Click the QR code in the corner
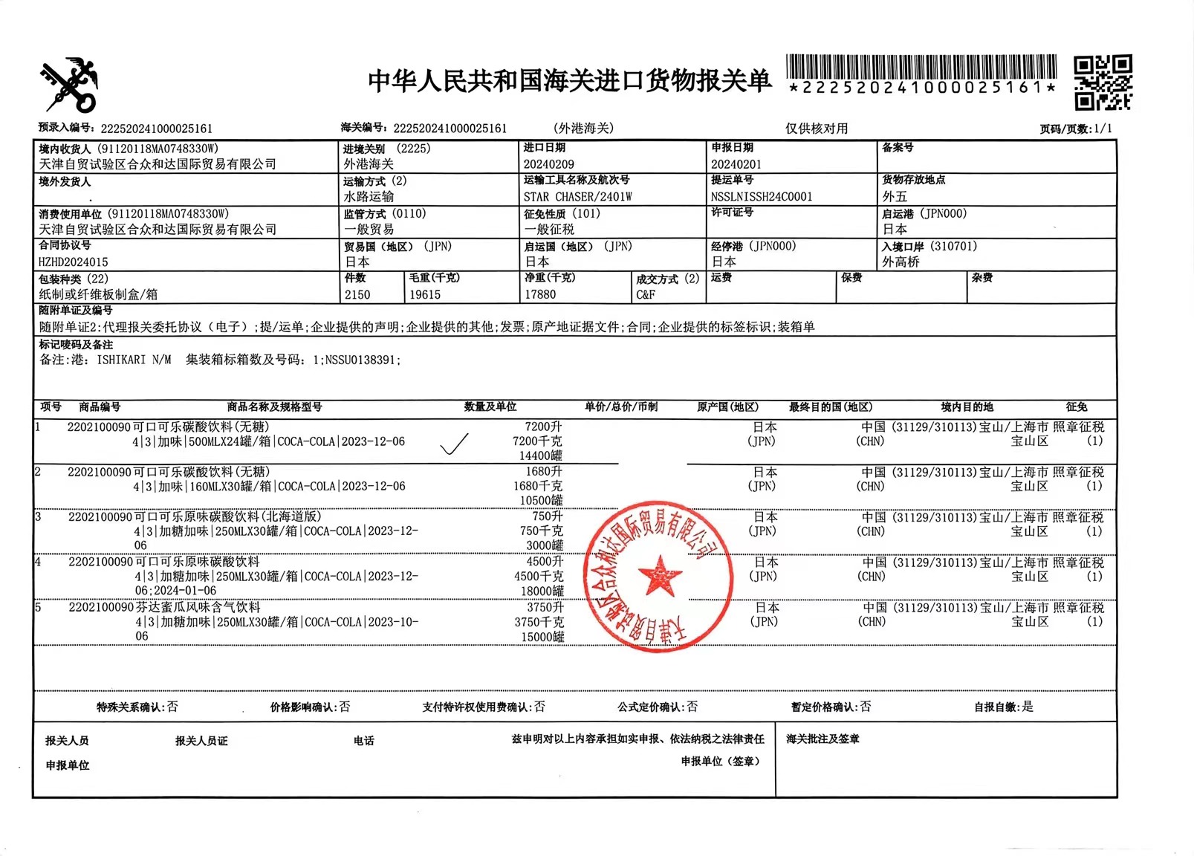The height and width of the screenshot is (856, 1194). [1103, 82]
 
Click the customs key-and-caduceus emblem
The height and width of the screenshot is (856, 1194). [68, 85]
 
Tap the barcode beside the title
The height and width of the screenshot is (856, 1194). [921, 67]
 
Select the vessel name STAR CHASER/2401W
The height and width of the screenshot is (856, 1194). [577, 197]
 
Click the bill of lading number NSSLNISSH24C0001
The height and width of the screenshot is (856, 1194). [761, 197]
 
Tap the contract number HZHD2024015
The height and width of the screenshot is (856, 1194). [73, 262]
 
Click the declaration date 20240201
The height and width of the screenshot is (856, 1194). [736, 164]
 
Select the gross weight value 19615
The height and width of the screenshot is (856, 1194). [424, 295]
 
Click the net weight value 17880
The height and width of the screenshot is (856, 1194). [540, 295]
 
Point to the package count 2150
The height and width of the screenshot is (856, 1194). [357, 295]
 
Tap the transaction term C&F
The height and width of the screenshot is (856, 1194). [645, 295]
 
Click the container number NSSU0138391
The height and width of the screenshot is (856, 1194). [361, 360]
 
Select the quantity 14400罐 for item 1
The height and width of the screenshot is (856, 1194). [540, 455]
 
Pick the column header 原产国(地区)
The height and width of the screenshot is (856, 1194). [727, 407]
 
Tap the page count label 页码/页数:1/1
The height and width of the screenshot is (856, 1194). [1075, 129]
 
